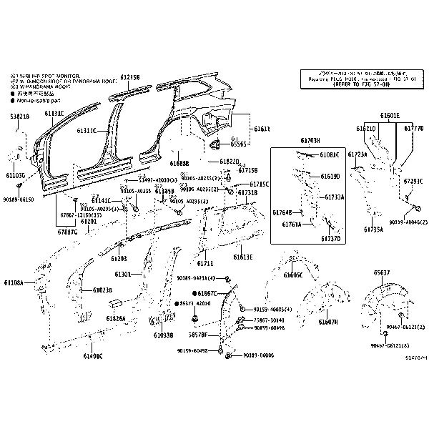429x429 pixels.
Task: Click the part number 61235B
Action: [x=130, y=77]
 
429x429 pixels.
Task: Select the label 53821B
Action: [x=20, y=116]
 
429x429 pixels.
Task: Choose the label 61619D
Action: [x=330, y=176]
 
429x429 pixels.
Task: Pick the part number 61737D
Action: [x=330, y=238]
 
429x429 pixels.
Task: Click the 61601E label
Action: [x=390, y=115]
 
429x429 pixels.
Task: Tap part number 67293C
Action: [x=413, y=181]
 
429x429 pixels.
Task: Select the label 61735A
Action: [x=374, y=230]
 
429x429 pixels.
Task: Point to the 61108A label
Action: [x=14, y=283]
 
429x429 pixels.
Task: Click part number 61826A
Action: [x=116, y=318]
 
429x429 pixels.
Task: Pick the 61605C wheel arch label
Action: [x=293, y=275]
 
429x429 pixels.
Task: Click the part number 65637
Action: [x=383, y=273]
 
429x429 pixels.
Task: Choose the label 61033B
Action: [x=163, y=335]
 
